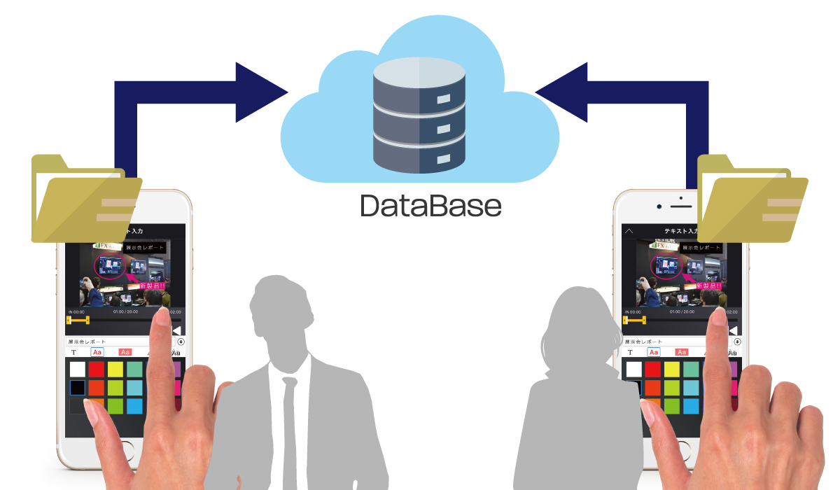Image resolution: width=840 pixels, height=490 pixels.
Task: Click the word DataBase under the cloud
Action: pos(430,205)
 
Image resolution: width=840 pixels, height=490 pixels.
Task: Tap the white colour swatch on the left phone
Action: pos(78,369)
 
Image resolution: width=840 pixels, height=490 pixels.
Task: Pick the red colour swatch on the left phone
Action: pos(97,369)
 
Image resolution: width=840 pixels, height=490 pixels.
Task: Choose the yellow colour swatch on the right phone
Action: pos(671,369)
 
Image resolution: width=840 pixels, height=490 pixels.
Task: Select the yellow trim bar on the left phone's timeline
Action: pos(78,320)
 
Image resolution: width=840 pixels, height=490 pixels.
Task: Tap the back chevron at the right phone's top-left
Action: pos(629,230)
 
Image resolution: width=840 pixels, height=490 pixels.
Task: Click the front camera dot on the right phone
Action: pos(659,207)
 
